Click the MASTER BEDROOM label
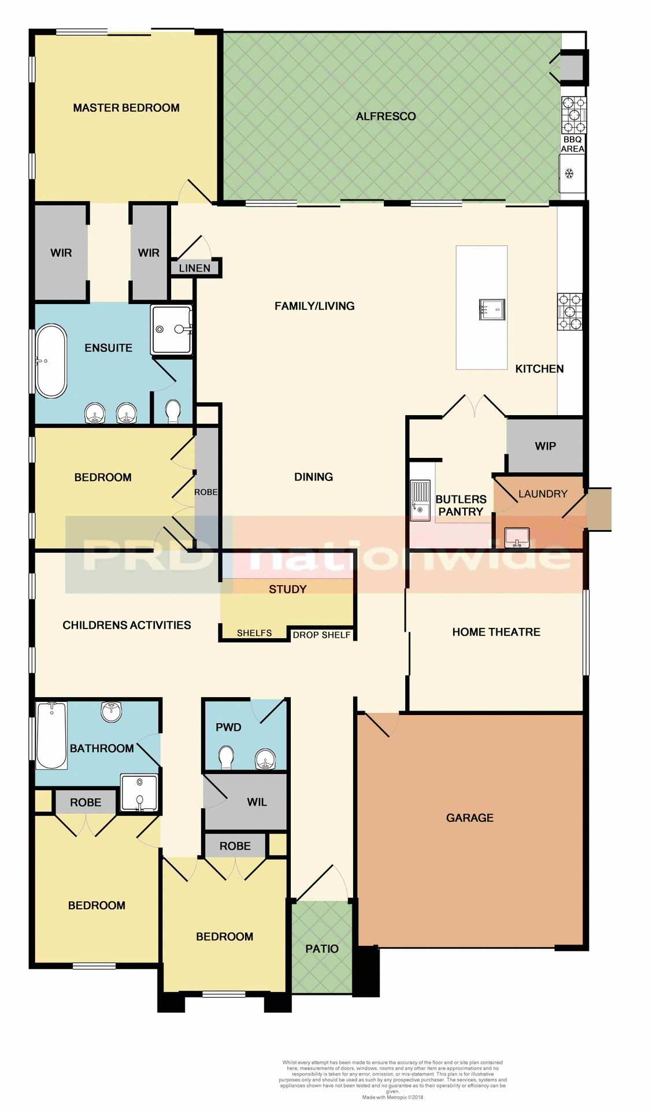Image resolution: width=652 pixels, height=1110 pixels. [126, 108]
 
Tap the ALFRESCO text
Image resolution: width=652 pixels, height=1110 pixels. [386, 116]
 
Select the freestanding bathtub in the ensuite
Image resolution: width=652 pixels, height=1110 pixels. [51, 361]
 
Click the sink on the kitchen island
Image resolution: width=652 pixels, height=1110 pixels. [492, 309]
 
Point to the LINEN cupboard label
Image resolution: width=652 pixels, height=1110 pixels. [195, 268]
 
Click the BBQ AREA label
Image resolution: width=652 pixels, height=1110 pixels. [572, 144]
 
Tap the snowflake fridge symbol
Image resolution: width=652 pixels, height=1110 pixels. [569, 173]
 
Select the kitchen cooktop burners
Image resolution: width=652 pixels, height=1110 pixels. [569, 312]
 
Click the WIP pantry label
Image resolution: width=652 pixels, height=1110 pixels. [545, 446]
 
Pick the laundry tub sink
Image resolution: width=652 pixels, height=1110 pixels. [517, 538]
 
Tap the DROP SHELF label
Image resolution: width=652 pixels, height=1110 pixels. [321, 635]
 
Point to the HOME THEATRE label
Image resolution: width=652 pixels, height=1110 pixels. [496, 632]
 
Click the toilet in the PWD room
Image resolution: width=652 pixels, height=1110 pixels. [226, 757]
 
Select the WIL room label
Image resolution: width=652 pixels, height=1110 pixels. [257, 802]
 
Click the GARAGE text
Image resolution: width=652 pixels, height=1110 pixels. [469, 817]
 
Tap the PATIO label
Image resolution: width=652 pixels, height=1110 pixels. [322, 949]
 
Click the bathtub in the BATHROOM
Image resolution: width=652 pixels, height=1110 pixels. [51, 735]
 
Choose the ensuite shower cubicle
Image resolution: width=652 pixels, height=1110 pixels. [171, 330]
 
